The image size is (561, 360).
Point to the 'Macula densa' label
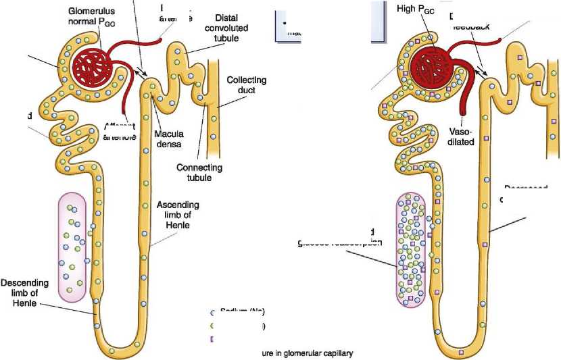(x=169, y=138)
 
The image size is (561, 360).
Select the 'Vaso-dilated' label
(x=463, y=137)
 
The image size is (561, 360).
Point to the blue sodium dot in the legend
(x=214, y=312)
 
